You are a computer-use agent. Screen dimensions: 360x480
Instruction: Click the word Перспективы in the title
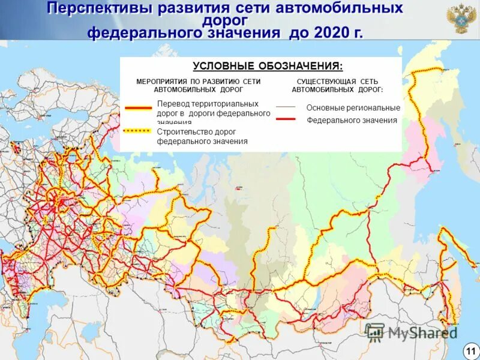click(98, 8)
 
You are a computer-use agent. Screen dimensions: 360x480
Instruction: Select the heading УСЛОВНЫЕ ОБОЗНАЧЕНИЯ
click(268, 65)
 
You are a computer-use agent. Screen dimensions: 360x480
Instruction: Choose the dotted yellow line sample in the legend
click(138, 130)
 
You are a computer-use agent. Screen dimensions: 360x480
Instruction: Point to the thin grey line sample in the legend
click(286, 107)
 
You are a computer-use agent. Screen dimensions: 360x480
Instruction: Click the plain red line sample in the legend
click(286, 119)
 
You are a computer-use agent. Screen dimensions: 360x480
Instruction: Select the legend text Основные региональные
click(353, 108)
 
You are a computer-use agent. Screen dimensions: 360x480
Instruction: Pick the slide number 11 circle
click(470, 350)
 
